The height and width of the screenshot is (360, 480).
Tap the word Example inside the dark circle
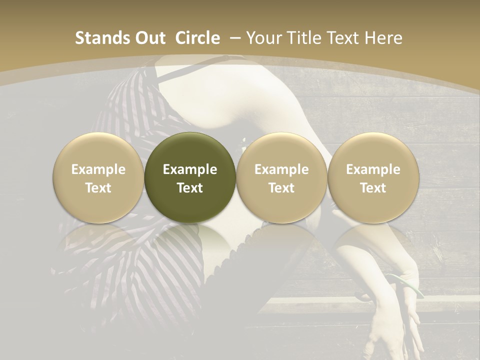tap(190, 169)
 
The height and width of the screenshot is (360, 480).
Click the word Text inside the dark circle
tap(190, 188)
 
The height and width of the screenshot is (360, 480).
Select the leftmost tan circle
tap(98, 177)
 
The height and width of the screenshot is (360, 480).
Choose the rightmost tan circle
tap(373, 177)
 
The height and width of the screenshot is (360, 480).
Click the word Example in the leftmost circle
tap(98, 169)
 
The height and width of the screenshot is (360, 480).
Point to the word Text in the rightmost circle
tap(373, 188)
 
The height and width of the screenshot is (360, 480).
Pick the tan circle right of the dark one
tap(281, 177)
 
